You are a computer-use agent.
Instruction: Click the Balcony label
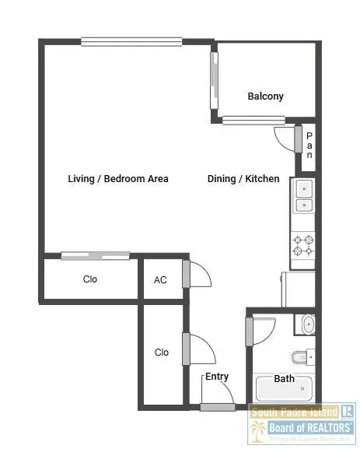(265, 96)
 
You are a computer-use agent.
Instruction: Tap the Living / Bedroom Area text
(117, 179)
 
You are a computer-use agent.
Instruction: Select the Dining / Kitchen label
(243, 179)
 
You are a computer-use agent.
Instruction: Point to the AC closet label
(160, 280)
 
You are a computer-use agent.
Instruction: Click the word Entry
(217, 377)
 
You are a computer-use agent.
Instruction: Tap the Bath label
(284, 379)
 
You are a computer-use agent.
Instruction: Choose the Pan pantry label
(309, 146)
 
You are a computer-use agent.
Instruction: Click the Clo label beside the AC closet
(90, 279)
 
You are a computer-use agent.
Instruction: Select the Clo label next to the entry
(162, 353)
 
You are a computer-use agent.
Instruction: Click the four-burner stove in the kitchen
(302, 245)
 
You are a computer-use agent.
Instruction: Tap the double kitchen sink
(302, 196)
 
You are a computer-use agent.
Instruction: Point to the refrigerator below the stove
(300, 289)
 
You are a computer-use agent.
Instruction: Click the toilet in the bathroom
(303, 357)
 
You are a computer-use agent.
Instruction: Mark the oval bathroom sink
(309, 324)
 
